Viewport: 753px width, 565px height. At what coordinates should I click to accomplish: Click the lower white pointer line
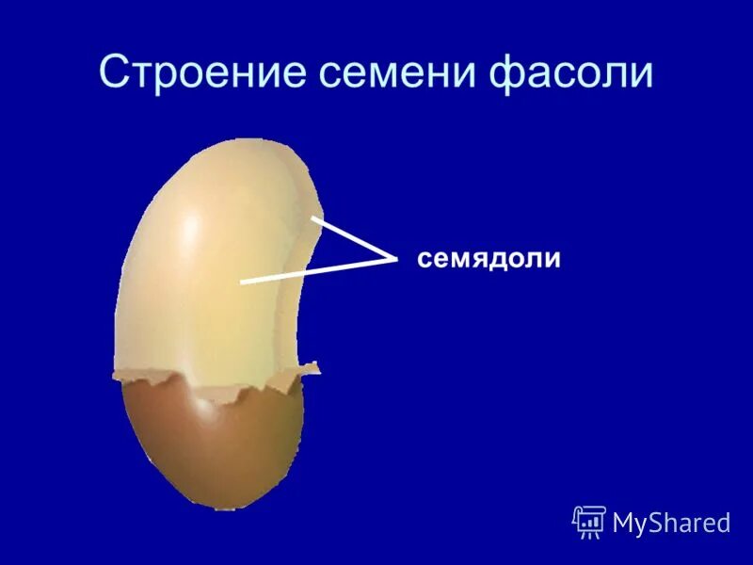tap(315, 270)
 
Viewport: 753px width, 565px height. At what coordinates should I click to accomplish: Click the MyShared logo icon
tap(589, 521)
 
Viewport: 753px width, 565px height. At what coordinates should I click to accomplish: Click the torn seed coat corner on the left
tap(122, 375)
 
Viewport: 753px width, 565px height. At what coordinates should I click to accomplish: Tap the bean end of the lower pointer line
tap(241, 282)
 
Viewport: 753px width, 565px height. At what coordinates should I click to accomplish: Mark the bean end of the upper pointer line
tap(313, 219)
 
